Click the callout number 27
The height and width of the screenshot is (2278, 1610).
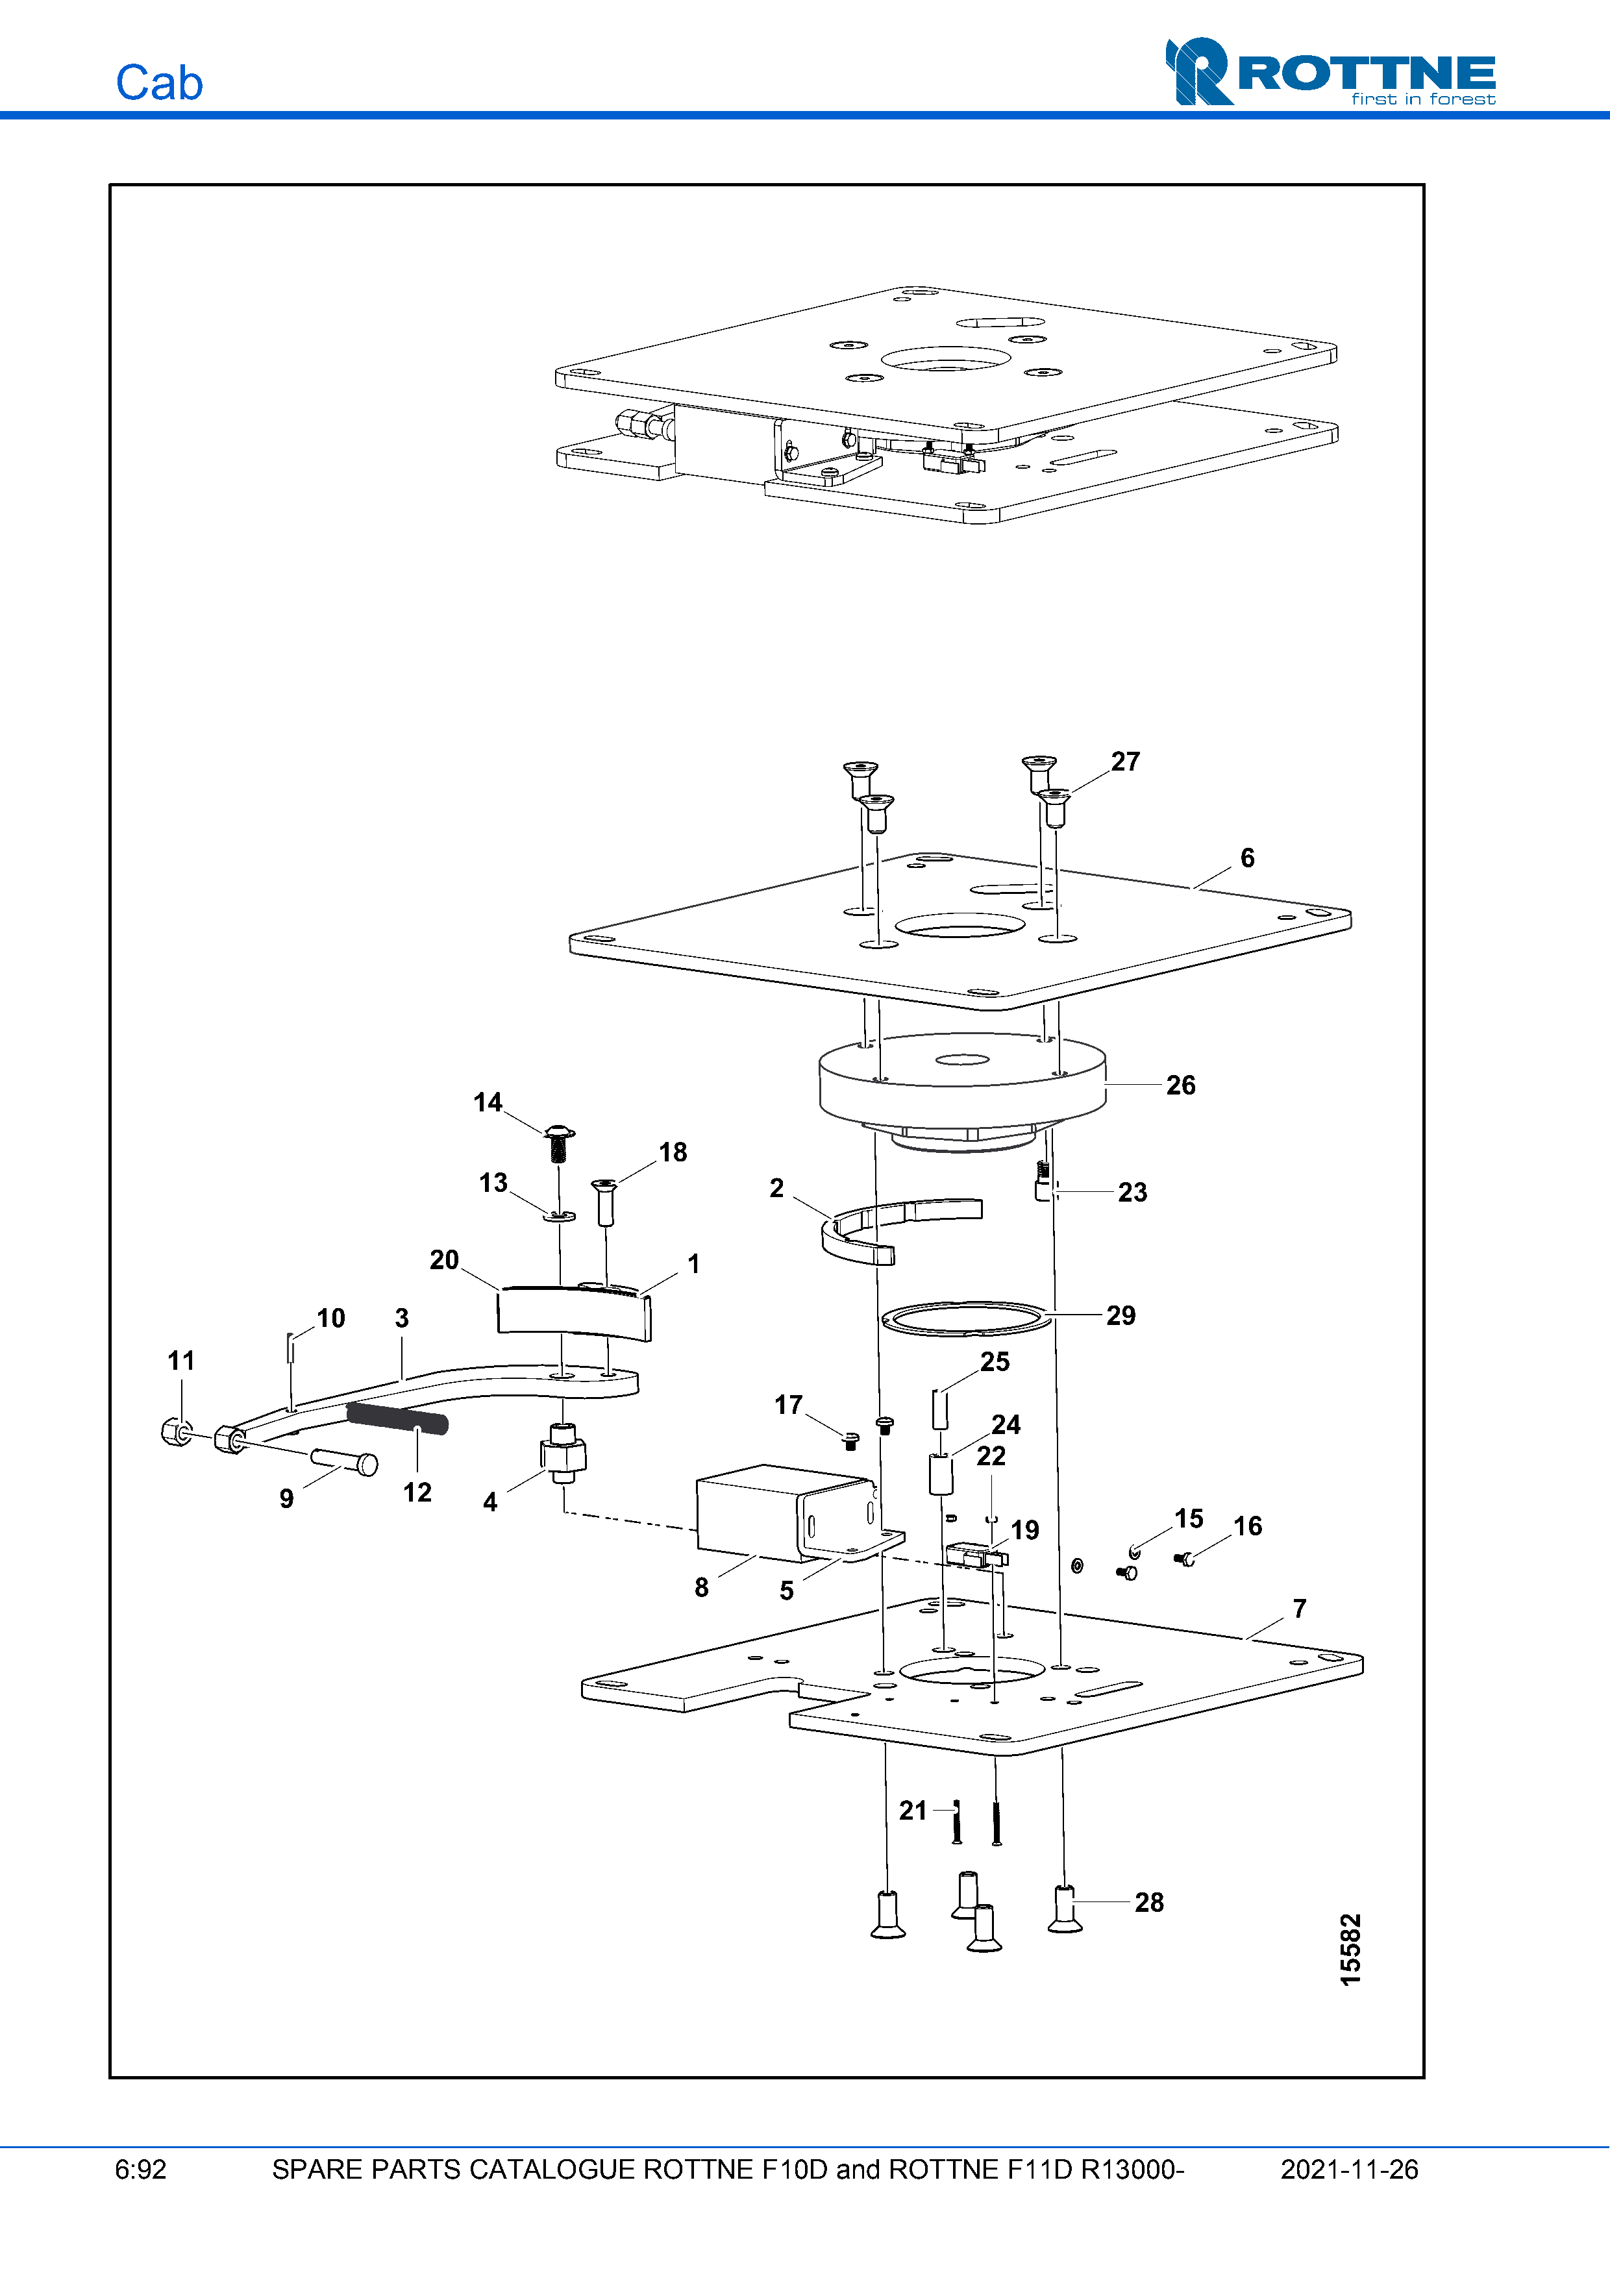click(x=1125, y=762)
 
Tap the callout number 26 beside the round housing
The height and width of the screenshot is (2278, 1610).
click(x=1180, y=1085)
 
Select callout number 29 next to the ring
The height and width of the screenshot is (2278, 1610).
click(x=1121, y=1316)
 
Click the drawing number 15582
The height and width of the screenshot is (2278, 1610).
click(x=1351, y=1950)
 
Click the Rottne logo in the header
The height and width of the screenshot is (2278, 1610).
click(x=1330, y=71)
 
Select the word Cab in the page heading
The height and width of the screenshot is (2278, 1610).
click(x=158, y=83)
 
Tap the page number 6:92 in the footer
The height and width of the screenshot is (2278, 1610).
click(x=141, y=2170)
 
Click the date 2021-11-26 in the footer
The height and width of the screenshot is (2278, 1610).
click(x=1349, y=2170)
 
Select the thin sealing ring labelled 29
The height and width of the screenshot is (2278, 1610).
click(x=964, y=1319)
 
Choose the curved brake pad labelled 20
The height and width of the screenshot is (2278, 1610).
click(x=573, y=1311)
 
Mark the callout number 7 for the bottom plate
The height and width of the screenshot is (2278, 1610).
click(x=1300, y=1608)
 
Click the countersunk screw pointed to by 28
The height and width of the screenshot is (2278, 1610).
click(x=1065, y=1910)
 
